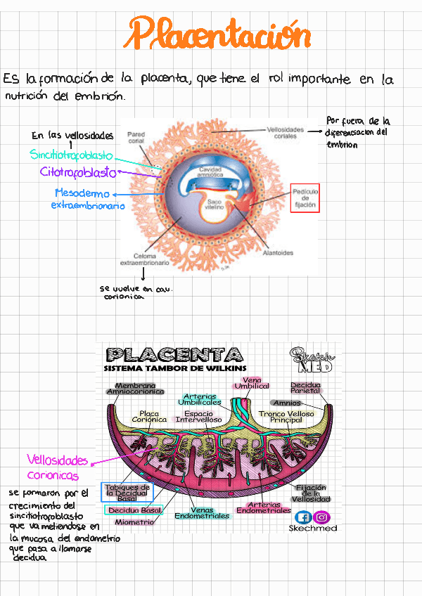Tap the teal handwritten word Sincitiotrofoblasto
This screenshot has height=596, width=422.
coord(71,155)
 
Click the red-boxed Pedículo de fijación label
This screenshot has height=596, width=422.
coord(305,199)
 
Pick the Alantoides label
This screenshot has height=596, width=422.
coord(278,253)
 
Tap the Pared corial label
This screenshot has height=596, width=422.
coord(136,137)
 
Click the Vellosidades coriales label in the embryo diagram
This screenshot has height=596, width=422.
coord(286,133)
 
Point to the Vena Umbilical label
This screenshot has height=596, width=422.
coord(252,383)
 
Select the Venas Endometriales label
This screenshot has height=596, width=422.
coord(202,513)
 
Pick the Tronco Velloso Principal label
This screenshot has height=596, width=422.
coord(286,417)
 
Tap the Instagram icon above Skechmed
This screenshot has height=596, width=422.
coord(322,517)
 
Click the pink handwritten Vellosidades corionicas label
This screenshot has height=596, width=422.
coord(58,467)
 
